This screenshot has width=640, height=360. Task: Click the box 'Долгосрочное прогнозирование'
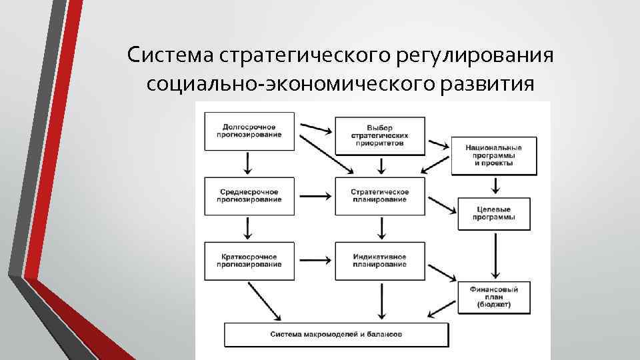pyautogui.click(x=248, y=131)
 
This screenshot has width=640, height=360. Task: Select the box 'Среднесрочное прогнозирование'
pyautogui.click(x=248, y=195)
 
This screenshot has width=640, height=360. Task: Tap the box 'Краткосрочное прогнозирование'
pyautogui.click(x=248, y=260)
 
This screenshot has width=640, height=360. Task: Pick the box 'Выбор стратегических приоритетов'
pyautogui.click(x=379, y=135)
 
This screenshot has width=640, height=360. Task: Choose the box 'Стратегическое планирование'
pyautogui.click(x=379, y=195)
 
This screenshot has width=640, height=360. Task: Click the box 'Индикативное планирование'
pyautogui.click(x=379, y=260)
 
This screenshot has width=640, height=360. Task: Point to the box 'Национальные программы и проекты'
pyautogui.click(x=494, y=156)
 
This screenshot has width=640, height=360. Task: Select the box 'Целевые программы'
pyautogui.click(x=494, y=213)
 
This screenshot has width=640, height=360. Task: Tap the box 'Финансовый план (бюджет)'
pyautogui.click(x=494, y=296)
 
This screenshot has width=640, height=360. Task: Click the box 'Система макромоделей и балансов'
pyautogui.click(x=336, y=333)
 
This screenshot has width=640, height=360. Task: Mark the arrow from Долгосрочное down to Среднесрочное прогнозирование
pyautogui.click(x=248, y=163)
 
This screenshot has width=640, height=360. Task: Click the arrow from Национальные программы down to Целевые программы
pyautogui.click(x=494, y=187)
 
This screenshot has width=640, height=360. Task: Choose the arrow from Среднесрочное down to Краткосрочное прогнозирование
pyautogui.click(x=248, y=228)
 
